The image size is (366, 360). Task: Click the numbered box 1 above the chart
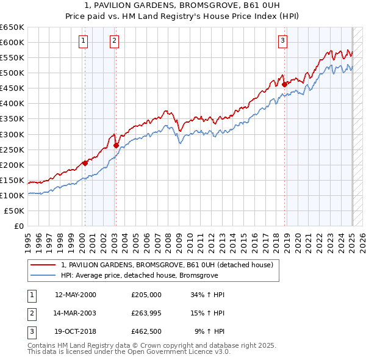click(83, 41)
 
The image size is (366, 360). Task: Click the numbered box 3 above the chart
click(283, 41)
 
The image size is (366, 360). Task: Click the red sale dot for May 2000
click(85, 163)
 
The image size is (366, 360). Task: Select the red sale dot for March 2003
click(116, 145)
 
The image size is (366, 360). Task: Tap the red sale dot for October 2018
click(285, 84)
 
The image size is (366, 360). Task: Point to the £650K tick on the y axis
click(12, 27)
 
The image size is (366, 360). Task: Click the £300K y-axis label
click(12, 134)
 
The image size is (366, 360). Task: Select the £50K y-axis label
click(15, 211)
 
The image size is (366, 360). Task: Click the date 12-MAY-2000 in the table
click(76, 295)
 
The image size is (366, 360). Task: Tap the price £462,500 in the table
click(146, 333)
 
